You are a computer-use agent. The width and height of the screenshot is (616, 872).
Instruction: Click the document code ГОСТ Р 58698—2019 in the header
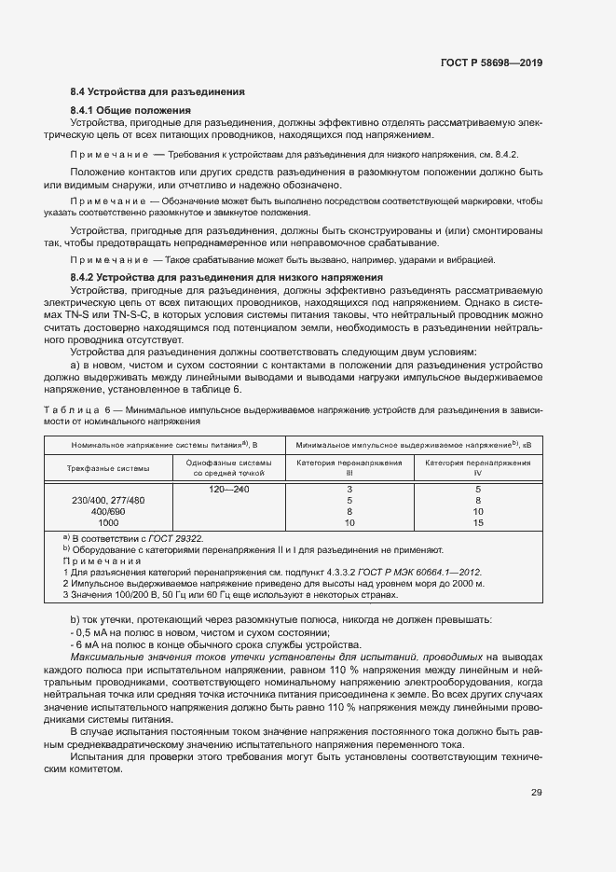pyautogui.click(x=490, y=62)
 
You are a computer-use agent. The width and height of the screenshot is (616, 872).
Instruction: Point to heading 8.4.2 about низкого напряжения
pyautogui.click(x=226, y=278)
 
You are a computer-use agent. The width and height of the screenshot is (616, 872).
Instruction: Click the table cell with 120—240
pyautogui.click(x=228, y=489)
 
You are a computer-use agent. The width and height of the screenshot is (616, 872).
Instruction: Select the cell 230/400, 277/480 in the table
pyautogui.click(x=108, y=501)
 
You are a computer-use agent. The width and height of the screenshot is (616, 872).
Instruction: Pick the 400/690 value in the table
pyautogui.click(x=108, y=512)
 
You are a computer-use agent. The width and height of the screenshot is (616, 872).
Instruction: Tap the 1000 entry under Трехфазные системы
pyautogui.click(x=108, y=523)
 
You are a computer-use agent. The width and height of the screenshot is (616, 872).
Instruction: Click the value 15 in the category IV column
pyautogui.click(x=478, y=523)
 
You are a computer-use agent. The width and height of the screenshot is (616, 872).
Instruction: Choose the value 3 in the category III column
pyautogui.click(x=349, y=489)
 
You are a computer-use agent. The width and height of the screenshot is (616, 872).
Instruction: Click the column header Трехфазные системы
pyautogui.click(x=108, y=467)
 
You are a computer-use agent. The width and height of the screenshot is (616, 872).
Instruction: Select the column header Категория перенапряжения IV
pyautogui.click(x=478, y=467)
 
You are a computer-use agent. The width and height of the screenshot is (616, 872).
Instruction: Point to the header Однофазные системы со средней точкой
pyautogui.click(x=228, y=467)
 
